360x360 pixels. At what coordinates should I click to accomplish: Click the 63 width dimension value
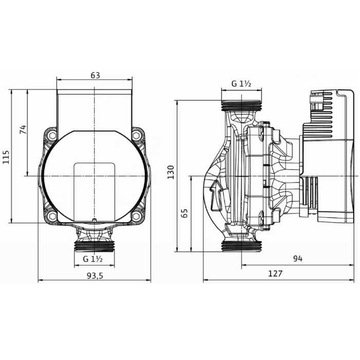click(95, 75)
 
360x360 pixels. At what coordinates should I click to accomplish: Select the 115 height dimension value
click(6, 156)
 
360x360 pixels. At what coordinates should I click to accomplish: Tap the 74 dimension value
click(23, 130)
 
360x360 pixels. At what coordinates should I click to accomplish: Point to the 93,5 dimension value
click(95, 276)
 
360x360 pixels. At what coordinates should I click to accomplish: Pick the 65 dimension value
click(185, 213)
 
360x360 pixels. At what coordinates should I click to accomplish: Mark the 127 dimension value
click(275, 274)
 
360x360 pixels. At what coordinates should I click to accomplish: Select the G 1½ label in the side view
click(241, 84)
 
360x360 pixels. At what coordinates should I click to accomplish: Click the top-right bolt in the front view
click(136, 136)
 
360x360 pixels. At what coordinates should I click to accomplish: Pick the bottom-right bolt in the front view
click(136, 216)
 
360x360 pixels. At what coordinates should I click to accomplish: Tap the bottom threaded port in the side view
click(241, 246)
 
